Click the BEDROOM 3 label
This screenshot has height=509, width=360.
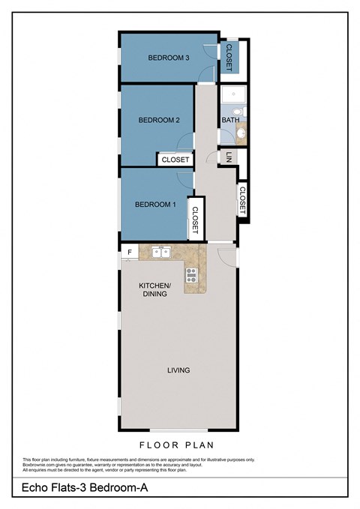click(x=168, y=58)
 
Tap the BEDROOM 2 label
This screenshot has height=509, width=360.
click(x=159, y=120)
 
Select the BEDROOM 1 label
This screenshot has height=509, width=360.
click(x=155, y=205)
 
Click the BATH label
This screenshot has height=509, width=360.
click(x=229, y=121)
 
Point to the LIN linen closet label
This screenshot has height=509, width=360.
click(x=229, y=157)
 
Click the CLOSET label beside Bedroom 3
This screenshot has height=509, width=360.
click(x=229, y=58)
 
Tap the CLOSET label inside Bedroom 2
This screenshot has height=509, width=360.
click(x=175, y=160)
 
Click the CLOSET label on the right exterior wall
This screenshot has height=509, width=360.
click(x=242, y=200)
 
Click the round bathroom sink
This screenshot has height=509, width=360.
click(x=241, y=136)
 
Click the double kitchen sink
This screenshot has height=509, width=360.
click(x=160, y=252)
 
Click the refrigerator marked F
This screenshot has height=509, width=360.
click(x=130, y=252)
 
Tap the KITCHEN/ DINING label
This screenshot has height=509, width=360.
click(x=155, y=290)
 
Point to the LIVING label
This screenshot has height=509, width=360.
click(x=178, y=370)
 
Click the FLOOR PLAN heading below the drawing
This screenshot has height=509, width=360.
click(x=179, y=445)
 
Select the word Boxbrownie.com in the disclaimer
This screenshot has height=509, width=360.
click(x=40, y=465)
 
